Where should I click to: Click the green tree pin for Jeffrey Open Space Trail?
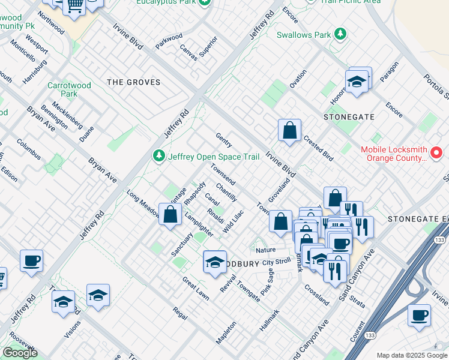click(x=159, y=157)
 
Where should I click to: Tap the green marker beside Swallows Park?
click(x=340, y=34)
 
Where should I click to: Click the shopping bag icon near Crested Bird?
click(x=289, y=130)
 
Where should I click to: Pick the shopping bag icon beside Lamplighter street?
click(x=170, y=214)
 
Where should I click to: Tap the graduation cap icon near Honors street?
click(x=357, y=82)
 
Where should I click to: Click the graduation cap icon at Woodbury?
click(x=214, y=262)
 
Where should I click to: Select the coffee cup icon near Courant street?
click(x=419, y=315)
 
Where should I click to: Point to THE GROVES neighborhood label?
click(x=133, y=82)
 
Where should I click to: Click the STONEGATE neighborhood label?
click(x=349, y=117)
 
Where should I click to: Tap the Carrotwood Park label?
click(x=70, y=89)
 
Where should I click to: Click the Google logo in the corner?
click(x=20, y=353)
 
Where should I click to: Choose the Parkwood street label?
click(x=169, y=40)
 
